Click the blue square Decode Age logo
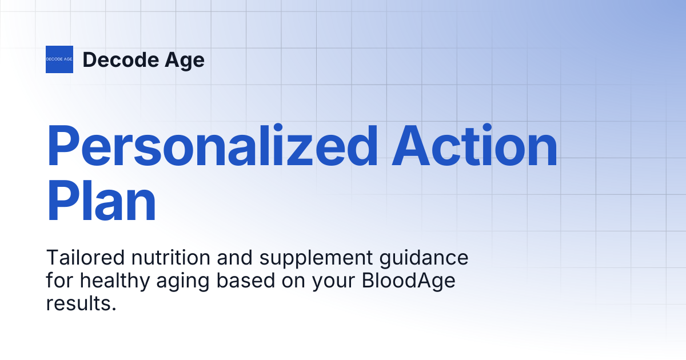(59, 59)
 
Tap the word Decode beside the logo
(121, 59)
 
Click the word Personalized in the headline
(212, 145)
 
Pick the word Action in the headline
(474, 145)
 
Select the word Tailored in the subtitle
(85, 258)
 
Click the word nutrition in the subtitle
(170, 258)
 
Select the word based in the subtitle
(246, 281)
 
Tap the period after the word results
(114, 309)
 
